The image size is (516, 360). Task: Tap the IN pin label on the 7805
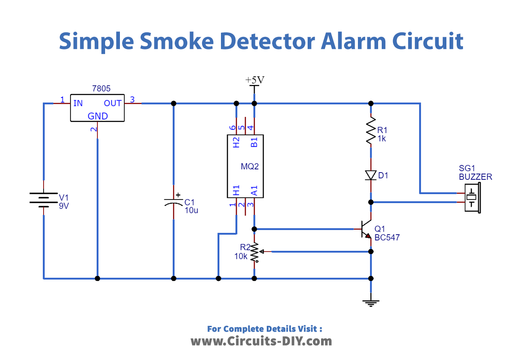tap(78, 103)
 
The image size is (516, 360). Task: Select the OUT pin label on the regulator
tap(113, 103)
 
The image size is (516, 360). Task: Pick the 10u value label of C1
tap(191, 210)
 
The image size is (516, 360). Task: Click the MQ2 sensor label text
tap(250, 167)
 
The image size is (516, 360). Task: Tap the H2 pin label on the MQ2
tap(236, 142)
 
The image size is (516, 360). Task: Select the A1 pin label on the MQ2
tap(254, 191)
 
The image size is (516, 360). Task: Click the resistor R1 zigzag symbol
tap(370, 130)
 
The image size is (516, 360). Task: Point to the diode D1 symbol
tap(370, 175)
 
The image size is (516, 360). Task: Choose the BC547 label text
tap(387, 237)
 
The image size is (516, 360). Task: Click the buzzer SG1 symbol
tap(472, 198)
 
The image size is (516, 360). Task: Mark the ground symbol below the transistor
tap(370, 302)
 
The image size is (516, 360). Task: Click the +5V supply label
tap(255, 80)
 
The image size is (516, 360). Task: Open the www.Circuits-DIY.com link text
tap(261, 341)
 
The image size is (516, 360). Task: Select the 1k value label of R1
tap(381, 138)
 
